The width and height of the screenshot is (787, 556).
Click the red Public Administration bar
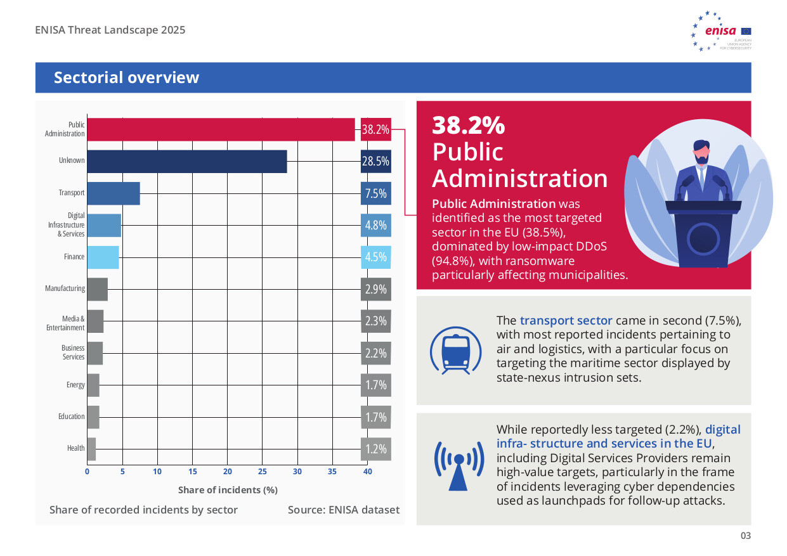(x=221, y=129)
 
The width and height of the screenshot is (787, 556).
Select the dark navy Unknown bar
(x=187, y=161)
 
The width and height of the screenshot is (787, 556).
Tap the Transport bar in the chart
(x=114, y=193)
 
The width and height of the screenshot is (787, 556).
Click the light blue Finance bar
(x=103, y=257)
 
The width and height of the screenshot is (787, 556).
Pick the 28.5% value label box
(x=375, y=161)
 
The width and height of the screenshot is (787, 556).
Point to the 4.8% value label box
(x=375, y=225)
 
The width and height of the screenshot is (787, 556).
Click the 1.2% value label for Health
(x=375, y=449)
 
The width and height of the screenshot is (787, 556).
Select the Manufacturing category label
(x=65, y=288)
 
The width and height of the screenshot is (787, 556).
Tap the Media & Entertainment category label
(x=65, y=323)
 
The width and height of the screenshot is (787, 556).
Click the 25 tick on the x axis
(x=262, y=472)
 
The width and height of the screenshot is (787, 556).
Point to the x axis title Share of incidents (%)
(x=228, y=490)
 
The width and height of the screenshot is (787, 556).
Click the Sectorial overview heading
(x=126, y=77)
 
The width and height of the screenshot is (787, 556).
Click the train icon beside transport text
(x=452, y=350)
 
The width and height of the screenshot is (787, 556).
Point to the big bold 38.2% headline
(x=468, y=126)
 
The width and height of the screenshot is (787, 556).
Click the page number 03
(x=745, y=536)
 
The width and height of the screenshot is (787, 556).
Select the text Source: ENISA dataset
(x=344, y=510)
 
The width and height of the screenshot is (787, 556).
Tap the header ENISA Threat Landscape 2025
(x=110, y=30)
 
